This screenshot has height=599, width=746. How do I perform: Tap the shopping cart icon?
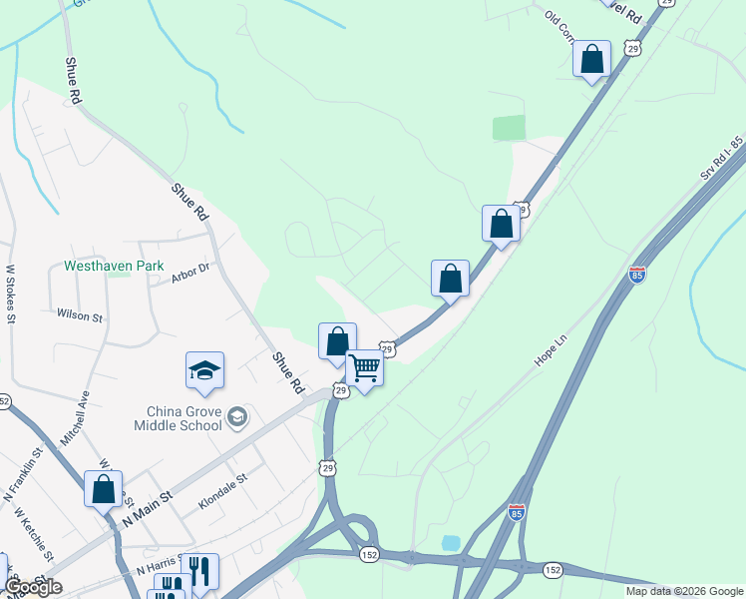click(364, 368)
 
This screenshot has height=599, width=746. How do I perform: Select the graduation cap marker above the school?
click(205, 370)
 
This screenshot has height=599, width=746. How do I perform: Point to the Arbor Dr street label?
click(189, 272)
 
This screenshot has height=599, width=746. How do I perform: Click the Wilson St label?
click(80, 316)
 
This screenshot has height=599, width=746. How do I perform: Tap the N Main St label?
click(148, 507)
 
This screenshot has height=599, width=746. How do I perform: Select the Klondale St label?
click(221, 491)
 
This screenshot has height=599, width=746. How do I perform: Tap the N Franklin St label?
click(25, 473)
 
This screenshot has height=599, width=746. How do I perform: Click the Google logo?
click(32, 587)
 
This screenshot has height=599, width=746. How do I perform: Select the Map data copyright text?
click(683, 591)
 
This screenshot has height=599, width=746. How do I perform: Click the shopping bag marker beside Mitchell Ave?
click(103, 489)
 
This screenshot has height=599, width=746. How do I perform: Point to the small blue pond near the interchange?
click(451, 542)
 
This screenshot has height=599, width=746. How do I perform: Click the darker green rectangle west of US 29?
click(509, 128)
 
